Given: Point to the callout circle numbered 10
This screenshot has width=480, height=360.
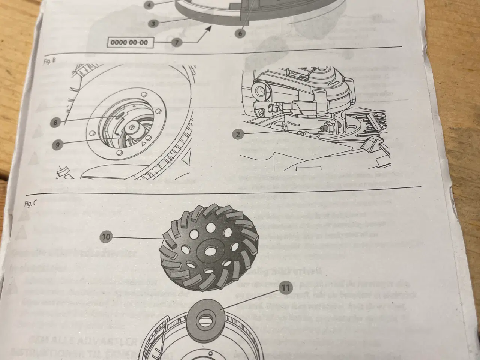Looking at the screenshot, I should click(x=107, y=237).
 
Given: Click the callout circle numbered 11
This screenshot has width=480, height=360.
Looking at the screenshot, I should click(x=286, y=288).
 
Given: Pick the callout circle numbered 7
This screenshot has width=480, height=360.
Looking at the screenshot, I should click(x=175, y=42).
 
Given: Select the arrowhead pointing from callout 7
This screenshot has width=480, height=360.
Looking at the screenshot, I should click(x=208, y=28).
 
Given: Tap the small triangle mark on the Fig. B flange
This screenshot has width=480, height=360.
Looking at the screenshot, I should click(x=144, y=144).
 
